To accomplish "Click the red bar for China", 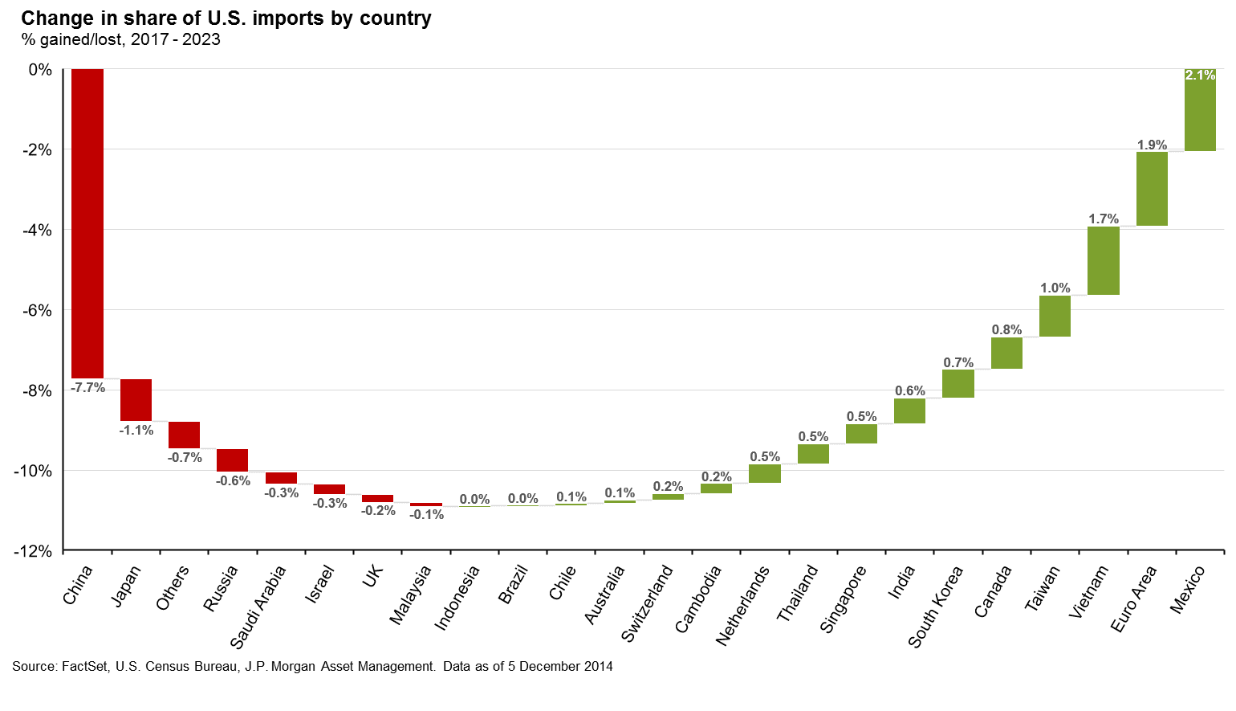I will (87, 223).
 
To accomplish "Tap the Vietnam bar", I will (1104, 260).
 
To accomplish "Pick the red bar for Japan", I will (136, 399).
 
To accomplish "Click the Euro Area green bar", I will (1152, 188).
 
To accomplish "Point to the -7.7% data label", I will (87, 387).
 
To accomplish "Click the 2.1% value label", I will (1200, 75).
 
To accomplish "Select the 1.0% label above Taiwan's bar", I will (1055, 288).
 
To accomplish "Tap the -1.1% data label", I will (136, 430).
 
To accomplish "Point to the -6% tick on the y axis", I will (36, 310).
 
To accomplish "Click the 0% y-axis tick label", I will (40, 70).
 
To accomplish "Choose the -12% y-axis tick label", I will (33, 551).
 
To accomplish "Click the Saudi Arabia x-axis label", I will (258, 607).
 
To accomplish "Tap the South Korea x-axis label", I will (936, 607).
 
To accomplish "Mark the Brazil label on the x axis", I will (514, 584).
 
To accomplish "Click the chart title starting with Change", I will (226, 18).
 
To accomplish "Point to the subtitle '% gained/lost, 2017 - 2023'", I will (120, 39).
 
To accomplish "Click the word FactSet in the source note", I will (85, 666).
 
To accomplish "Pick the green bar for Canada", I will (1006, 353).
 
